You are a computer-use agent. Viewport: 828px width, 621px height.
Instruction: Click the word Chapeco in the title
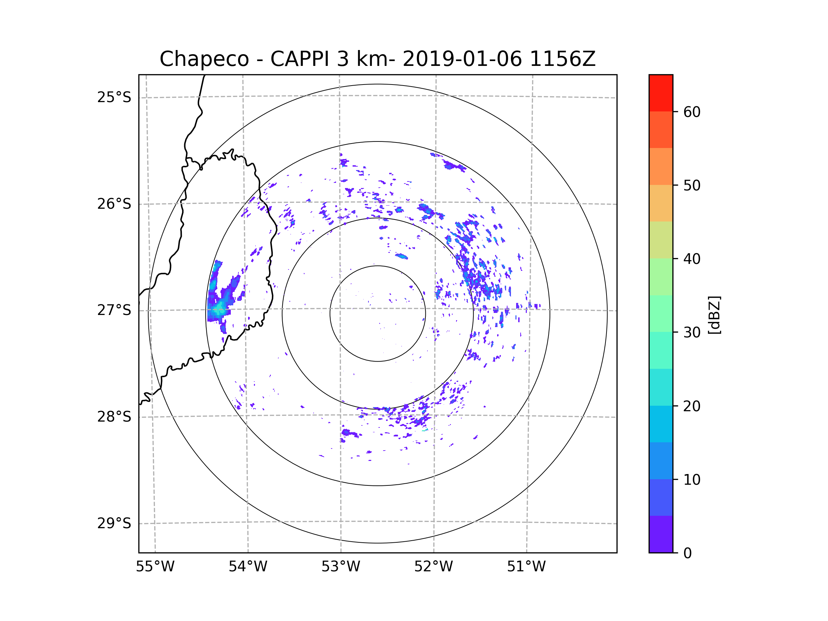point(204,59)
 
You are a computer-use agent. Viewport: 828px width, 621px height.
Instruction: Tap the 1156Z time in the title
point(562,59)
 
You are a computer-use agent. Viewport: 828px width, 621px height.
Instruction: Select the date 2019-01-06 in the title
point(462,59)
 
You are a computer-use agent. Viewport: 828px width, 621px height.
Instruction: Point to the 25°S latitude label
point(114,97)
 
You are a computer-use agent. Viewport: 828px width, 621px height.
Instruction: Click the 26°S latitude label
point(114,204)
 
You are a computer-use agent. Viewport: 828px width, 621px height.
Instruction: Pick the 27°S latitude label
point(114,310)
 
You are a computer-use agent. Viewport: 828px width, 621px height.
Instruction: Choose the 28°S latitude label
point(114,417)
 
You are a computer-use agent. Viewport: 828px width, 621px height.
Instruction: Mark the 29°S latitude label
point(114,523)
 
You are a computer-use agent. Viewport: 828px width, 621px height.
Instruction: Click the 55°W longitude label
point(155,567)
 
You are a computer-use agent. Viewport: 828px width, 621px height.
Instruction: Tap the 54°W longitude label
point(248,567)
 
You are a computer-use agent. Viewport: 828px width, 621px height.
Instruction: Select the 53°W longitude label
point(341,567)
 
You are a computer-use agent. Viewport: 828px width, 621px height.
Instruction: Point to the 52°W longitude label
point(433,567)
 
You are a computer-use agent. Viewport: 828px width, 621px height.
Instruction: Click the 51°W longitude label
point(526,567)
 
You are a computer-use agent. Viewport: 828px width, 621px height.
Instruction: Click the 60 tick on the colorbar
point(692,112)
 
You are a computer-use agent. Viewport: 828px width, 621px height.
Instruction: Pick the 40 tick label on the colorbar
point(692,259)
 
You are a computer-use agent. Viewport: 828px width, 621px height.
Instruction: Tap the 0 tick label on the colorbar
point(688,553)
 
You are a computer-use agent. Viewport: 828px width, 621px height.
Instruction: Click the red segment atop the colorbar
point(661,93)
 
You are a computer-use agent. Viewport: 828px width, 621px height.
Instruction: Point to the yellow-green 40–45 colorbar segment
point(661,240)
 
